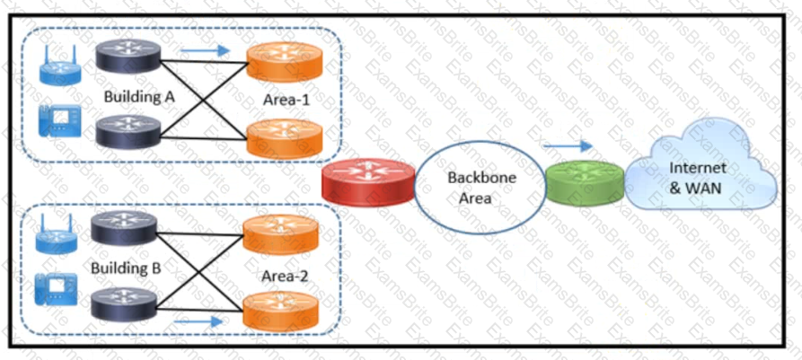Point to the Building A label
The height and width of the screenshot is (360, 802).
tap(138, 96)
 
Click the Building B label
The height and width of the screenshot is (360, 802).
tap(125, 268)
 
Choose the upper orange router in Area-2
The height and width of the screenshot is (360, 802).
tap(281, 234)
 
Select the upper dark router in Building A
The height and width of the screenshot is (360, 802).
tap(129, 58)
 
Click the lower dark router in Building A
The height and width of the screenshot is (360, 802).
tap(129, 132)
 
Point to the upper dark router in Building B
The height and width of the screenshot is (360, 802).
tap(123, 227)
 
